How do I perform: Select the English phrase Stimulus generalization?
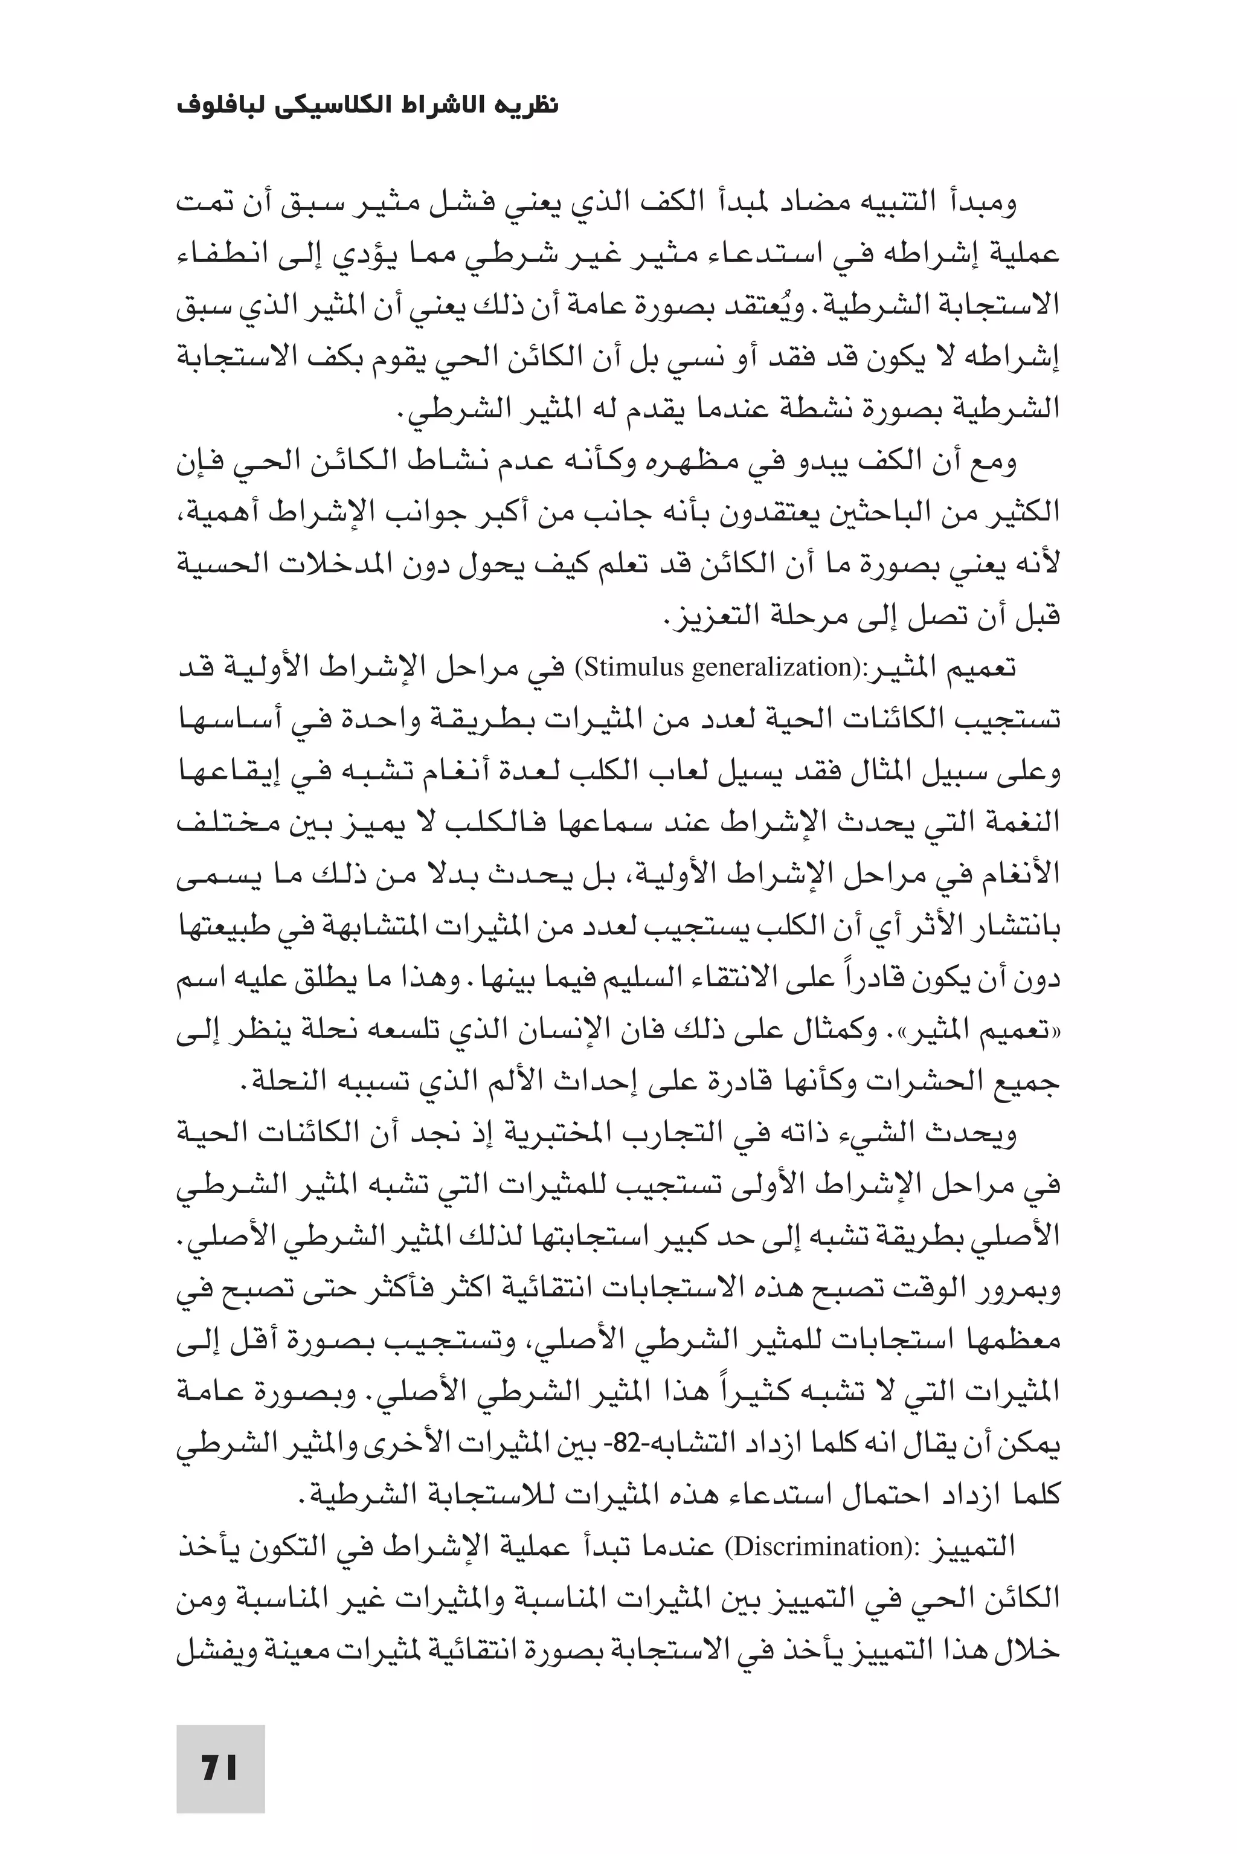click(716, 668)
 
